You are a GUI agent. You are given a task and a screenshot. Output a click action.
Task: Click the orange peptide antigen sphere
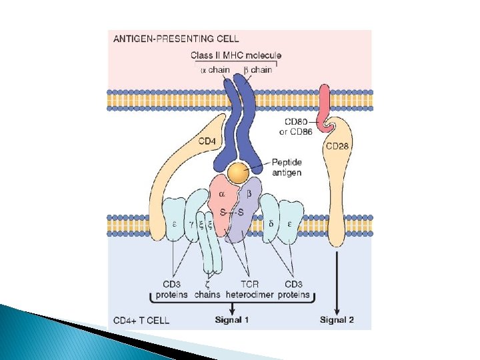pos(238,173)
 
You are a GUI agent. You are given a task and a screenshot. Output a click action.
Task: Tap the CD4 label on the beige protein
pos(207,141)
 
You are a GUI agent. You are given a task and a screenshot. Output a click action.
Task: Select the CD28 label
pos(337,146)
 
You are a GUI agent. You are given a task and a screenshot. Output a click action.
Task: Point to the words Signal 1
pos(232,320)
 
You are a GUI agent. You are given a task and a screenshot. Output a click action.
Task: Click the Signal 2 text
pos(337,320)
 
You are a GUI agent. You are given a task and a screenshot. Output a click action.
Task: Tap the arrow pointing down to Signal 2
pos(337,283)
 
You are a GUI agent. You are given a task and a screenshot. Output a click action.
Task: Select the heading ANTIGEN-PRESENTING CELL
pos(176,39)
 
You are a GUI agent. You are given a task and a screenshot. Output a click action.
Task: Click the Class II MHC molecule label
pos(236,55)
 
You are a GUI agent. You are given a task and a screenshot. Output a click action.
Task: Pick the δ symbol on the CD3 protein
pos(271,224)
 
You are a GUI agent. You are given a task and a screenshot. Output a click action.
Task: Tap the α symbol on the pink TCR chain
pos(222,194)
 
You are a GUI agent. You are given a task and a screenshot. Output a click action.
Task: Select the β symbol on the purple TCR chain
pos(249,194)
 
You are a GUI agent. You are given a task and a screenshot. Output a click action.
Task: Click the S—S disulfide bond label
pos(232,212)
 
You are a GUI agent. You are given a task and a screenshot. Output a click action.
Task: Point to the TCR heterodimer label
pos(249,289)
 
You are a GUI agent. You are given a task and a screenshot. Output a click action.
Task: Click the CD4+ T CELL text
pos(141,320)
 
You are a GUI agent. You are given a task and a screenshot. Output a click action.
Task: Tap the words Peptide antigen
pos(287,167)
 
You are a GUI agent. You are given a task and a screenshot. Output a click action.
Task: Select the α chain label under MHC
pos(215,70)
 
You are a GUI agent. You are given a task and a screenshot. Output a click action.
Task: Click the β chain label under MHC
pos(258,70)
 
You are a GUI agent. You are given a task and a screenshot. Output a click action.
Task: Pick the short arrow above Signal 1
pos(232,309)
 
